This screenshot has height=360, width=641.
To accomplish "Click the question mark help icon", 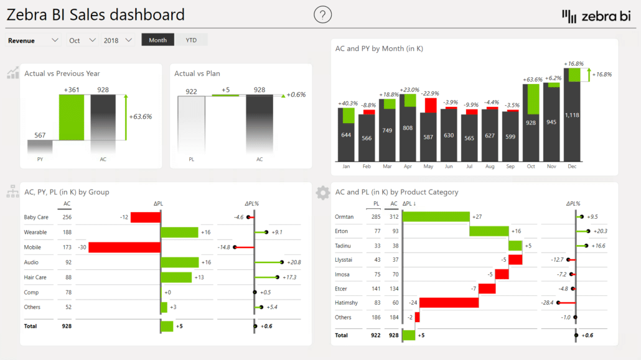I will click(x=322, y=14).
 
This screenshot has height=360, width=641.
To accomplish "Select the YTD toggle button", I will click(x=191, y=40).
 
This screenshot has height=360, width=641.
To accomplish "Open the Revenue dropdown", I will click(x=34, y=40).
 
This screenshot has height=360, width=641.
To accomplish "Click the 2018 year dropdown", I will click(x=118, y=40).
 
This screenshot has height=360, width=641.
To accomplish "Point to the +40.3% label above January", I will click(x=347, y=103).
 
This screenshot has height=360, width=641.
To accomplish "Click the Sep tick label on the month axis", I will click(x=510, y=167).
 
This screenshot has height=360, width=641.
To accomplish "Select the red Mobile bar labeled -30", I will click(x=124, y=247).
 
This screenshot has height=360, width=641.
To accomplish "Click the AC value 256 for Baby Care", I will click(x=67, y=217).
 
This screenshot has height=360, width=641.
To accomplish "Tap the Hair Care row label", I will click(x=35, y=277).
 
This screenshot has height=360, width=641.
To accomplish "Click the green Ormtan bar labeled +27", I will click(x=436, y=217).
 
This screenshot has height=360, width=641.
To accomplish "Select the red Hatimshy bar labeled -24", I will click(x=449, y=303).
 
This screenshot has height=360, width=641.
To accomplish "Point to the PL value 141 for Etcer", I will click(x=376, y=288).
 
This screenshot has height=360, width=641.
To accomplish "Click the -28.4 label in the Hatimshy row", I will click(x=547, y=303).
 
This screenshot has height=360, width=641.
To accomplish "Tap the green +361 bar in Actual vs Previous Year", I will click(x=72, y=117).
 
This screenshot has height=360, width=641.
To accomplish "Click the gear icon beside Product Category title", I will click(x=322, y=193).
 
